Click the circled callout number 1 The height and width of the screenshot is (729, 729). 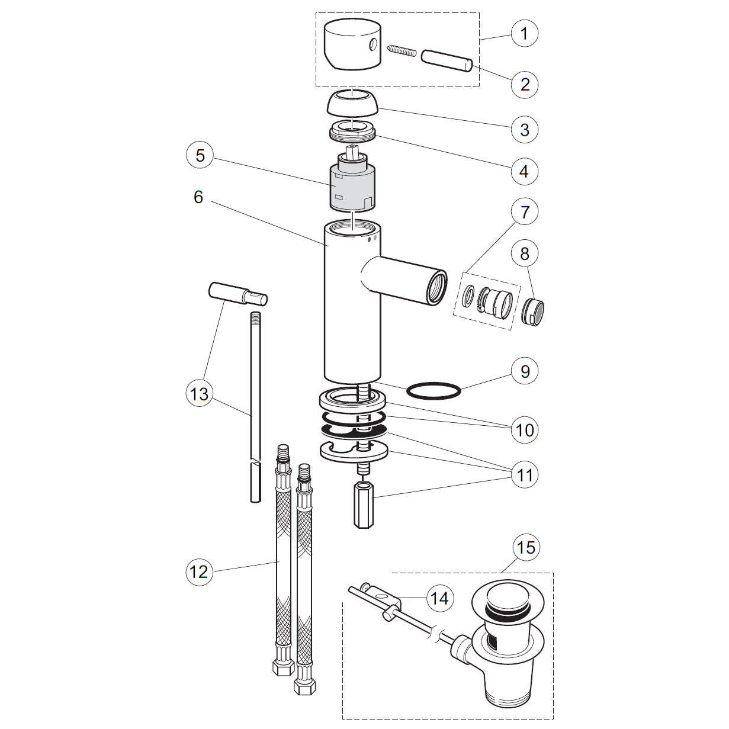[524, 33]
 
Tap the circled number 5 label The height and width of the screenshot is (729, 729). [200, 156]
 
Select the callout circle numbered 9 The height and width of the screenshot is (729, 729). [525, 371]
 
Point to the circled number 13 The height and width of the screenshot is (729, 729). [200, 393]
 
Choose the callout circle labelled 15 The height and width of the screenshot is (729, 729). [526, 547]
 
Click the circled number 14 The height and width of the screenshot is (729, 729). [440, 598]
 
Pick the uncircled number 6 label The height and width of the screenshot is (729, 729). [198, 197]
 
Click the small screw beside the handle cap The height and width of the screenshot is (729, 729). [402, 51]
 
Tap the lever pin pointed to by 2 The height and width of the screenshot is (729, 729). [447, 60]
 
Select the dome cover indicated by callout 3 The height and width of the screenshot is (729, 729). [352, 102]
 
